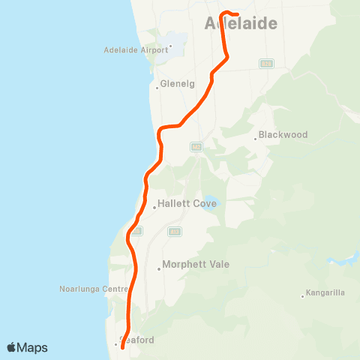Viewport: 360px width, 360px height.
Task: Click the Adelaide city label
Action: tap(241, 24)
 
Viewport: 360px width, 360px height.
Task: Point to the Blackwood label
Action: tap(283, 135)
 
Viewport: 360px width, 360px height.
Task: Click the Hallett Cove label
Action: tap(187, 203)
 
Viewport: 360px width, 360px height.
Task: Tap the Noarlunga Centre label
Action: tap(93, 288)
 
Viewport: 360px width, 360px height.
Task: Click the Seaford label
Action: tap(138, 340)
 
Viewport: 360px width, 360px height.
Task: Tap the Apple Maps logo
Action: tap(27, 347)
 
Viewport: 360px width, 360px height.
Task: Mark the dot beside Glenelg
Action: tap(157, 87)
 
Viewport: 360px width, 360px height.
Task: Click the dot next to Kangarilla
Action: tap(302, 295)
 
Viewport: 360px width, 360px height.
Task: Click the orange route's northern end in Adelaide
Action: tap(236, 14)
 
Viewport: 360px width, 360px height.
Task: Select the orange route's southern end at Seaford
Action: tap(122, 347)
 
